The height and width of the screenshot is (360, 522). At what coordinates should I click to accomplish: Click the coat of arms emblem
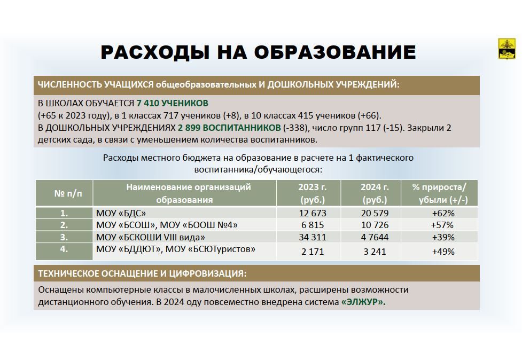click(507, 49)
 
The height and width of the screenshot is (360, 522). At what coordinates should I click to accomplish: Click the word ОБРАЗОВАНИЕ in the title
click(335, 52)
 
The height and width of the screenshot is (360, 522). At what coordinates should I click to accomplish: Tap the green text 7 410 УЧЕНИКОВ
click(173, 103)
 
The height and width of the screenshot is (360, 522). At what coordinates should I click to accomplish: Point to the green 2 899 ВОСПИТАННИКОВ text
click(229, 128)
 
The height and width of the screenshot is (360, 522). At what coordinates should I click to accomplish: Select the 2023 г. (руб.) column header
click(312, 193)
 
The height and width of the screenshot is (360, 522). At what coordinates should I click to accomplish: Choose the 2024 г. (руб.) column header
click(375, 193)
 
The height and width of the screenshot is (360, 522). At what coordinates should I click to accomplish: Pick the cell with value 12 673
click(313, 213)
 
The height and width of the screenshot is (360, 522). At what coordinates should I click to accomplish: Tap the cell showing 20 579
click(375, 213)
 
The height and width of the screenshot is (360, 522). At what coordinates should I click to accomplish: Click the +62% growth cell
click(443, 213)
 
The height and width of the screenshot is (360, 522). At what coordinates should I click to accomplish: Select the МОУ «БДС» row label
click(121, 213)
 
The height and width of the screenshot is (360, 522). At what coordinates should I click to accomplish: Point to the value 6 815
click(313, 225)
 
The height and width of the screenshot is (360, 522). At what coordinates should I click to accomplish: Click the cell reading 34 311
click(313, 237)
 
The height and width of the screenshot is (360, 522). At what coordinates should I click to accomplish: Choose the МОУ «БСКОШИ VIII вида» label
click(151, 237)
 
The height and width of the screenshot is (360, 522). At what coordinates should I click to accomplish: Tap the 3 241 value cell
click(375, 252)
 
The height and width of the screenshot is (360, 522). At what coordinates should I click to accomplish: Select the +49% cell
click(443, 252)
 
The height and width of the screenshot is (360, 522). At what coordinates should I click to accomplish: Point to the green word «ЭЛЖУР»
click(363, 302)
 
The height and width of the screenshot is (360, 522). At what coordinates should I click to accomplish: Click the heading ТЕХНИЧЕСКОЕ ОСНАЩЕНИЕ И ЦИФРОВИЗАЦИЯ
click(142, 273)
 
